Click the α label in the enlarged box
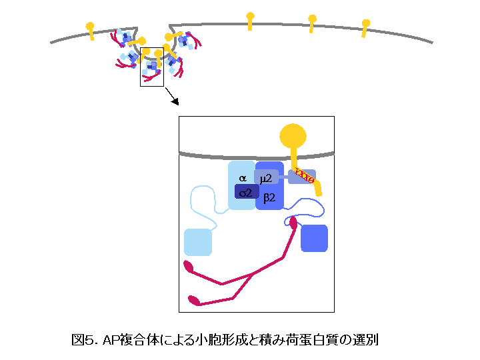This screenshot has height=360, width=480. coord(243,179)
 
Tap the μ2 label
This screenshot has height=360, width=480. coord(266,178)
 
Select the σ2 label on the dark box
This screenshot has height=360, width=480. coord(246,193)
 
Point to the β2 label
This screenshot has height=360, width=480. coord(269,197)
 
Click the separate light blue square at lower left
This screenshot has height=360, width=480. coord(197,242)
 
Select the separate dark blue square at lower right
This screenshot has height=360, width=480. coord(314,238)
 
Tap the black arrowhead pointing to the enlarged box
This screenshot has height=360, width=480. coord(175,101)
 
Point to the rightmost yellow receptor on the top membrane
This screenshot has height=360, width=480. coord(365,26)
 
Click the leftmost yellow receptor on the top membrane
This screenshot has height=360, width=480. coord(90,29)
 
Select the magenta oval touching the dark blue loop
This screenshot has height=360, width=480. coord(293,223)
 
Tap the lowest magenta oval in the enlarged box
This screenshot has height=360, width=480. coord(194,300)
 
